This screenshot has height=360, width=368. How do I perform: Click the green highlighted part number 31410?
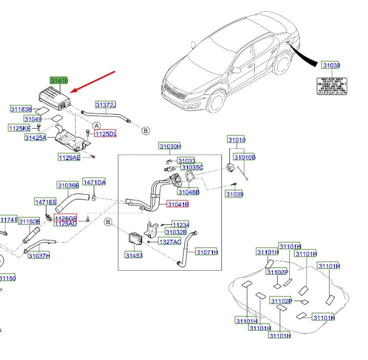pyautogui.click(x=59, y=80)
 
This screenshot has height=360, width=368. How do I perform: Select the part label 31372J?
pyautogui.click(x=106, y=105)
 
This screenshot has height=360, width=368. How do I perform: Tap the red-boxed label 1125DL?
pyautogui.click(x=105, y=134)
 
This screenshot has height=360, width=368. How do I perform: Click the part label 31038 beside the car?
pyautogui.click(x=331, y=65)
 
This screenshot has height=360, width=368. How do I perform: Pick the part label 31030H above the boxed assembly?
pyautogui.click(x=170, y=146)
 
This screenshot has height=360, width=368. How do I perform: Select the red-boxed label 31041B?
pyautogui.click(x=178, y=204)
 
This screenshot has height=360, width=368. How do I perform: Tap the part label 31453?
pyautogui.click(x=134, y=255)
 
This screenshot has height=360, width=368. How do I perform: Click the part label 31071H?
pyautogui.click(x=206, y=252)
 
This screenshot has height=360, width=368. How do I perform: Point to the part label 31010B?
pyautogui.click(x=245, y=158)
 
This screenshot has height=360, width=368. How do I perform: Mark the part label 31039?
pyautogui.click(x=234, y=194)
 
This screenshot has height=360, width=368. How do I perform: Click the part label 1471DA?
pyautogui.click(x=94, y=183)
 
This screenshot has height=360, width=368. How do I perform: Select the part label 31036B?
pyautogui.click(x=68, y=185)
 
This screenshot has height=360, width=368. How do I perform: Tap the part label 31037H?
pyautogui.click(x=39, y=256)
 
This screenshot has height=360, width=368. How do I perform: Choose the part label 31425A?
pyautogui.click(x=35, y=138)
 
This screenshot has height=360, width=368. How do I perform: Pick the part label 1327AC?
pyautogui.click(x=170, y=241)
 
